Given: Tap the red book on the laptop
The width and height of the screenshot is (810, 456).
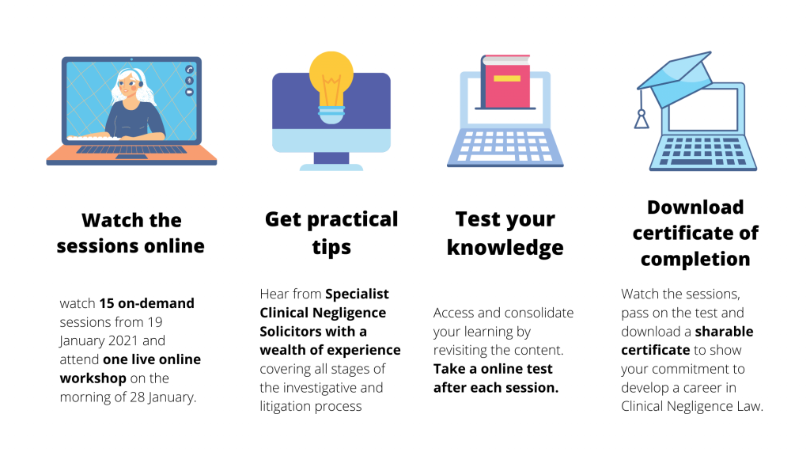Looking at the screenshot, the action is click(x=505, y=82).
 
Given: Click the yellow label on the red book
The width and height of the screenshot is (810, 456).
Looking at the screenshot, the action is click(x=507, y=78).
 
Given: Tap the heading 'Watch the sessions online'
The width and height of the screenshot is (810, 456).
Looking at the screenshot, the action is click(x=131, y=234).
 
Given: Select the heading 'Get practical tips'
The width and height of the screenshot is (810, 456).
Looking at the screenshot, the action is click(x=331, y=233).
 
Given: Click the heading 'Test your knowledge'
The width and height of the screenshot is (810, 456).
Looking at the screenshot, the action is click(x=505, y=234).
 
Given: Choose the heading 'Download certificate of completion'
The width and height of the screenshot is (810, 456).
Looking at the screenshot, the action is click(x=695, y=234).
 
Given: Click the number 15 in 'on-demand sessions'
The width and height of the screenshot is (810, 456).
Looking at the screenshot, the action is click(x=107, y=303).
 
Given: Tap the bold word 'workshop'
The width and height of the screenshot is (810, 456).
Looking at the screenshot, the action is click(x=93, y=378).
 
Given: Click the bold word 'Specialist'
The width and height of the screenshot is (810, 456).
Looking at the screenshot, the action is click(x=357, y=294).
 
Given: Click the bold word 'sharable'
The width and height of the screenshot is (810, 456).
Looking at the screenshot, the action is click(x=724, y=332).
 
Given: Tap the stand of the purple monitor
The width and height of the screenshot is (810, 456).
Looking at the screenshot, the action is click(x=331, y=161).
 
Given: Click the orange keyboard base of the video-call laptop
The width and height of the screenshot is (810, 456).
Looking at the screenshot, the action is click(x=131, y=155).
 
